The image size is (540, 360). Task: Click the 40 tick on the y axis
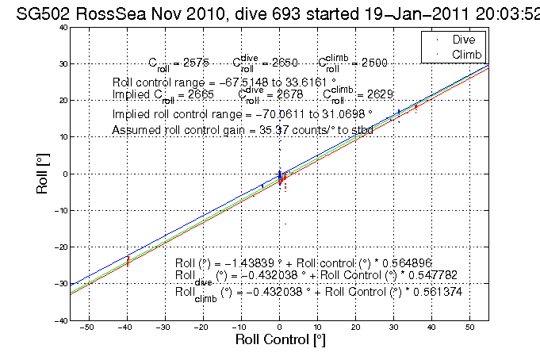point(60,27)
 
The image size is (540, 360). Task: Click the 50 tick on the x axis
point(469,327)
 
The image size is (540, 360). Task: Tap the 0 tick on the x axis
point(279,327)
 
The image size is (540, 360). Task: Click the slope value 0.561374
point(435,292)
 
